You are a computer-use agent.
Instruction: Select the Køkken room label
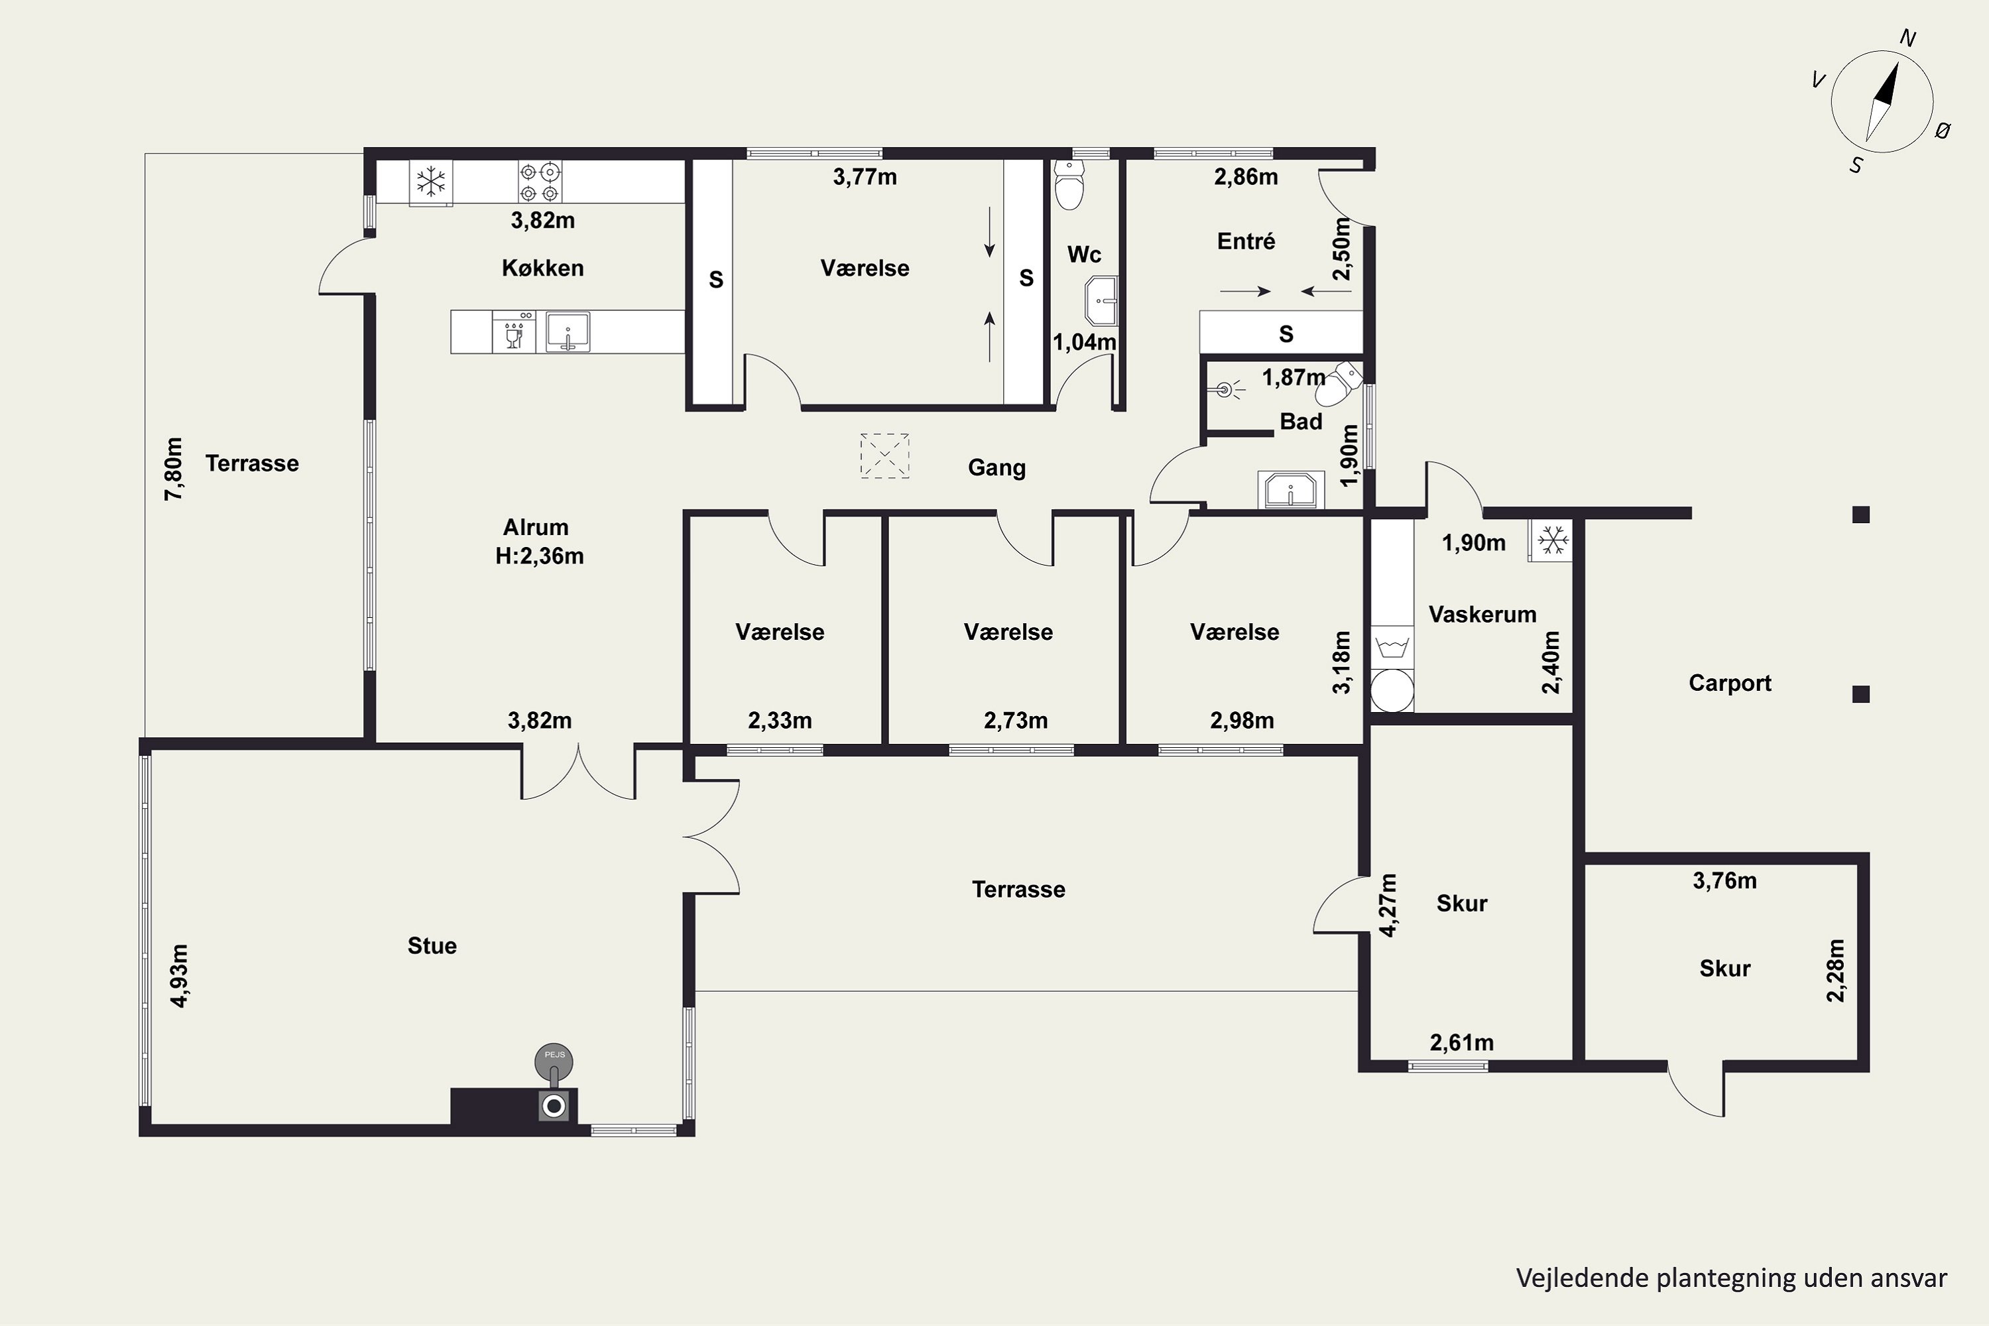(x=543, y=268)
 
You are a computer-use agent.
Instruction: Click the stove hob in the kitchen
(x=540, y=182)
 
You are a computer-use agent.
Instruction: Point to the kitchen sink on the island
(x=568, y=331)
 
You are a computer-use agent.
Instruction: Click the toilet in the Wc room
(x=1070, y=184)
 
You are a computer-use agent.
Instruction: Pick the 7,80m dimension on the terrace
(x=173, y=469)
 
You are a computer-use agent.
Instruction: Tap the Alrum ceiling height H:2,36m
(x=540, y=556)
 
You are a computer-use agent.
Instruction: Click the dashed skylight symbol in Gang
(x=884, y=456)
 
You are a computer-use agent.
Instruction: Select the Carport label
(x=1729, y=684)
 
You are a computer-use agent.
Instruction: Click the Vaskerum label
(x=1482, y=614)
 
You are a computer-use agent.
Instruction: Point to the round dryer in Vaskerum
(x=1392, y=690)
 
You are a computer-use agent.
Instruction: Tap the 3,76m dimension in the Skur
(x=1724, y=881)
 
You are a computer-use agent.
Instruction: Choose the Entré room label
(x=1246, y=242)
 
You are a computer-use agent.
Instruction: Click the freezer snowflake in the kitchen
(x=432, y=182)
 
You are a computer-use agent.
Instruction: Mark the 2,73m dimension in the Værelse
(x=1016, y=721)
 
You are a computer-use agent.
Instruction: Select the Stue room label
(x=432, y=945)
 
